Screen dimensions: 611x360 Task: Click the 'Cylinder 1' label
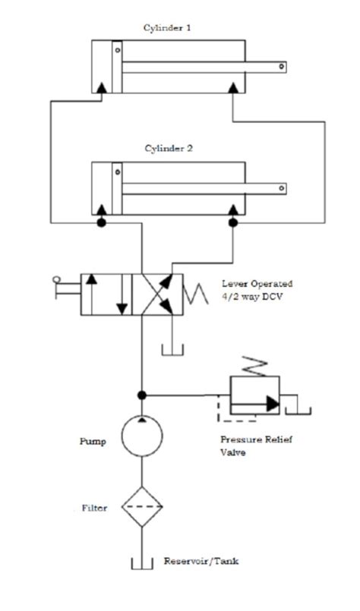[167, 27]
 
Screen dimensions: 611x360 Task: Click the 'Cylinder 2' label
[168, 149]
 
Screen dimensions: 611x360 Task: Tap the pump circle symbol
[141, 436]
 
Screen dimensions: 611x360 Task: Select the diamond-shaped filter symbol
[141, 508]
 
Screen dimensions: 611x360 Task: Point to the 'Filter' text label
[94, 508]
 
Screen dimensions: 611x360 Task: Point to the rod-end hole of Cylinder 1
[281, 67]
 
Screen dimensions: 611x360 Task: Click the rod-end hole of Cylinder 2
[281, 187]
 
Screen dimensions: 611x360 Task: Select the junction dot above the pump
[141, 395]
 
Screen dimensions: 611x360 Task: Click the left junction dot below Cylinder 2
[100, 222]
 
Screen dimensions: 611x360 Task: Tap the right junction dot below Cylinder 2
[232, 222]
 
